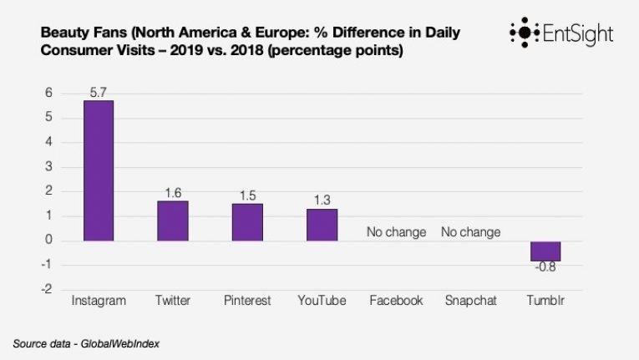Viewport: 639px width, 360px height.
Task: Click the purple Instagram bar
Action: [x=98, y=170]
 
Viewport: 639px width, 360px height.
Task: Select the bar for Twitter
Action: [x=173, y=221]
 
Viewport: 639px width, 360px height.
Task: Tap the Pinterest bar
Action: [x=247, y=222]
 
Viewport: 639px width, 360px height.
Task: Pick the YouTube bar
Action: [x=322, y=225]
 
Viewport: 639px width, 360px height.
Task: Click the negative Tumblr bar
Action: [x=545, y=251]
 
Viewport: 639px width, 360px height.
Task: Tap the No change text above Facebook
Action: [x=396, y=231]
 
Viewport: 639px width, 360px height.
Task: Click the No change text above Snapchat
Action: [x=471, y=231]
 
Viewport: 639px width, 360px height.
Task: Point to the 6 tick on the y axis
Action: [x=49, y=93]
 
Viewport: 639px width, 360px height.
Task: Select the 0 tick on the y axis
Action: [x=49, y=241]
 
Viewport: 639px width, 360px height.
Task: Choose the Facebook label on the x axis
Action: [x=396, y=301]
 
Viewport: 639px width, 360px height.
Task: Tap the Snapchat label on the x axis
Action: [x=470, y=301]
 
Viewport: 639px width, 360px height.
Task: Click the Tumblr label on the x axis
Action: [x=545, y=301]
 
